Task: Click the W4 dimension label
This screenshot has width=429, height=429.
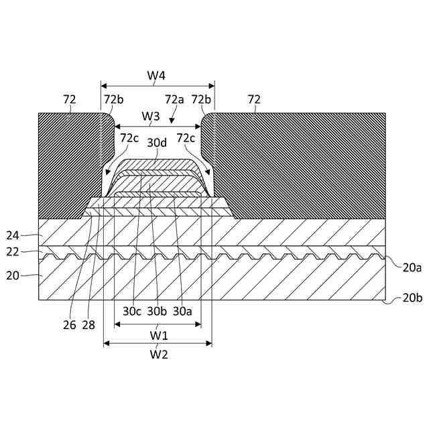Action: (x=156, y=75)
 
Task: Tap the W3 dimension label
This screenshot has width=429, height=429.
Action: (x=151, y=116)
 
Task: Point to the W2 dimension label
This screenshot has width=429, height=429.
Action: (x=158, y=354)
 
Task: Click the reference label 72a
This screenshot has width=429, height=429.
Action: (x=175, y=100)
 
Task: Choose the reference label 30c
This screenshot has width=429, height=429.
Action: (x=131, y=311)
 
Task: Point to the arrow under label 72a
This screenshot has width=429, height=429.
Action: (x=172, y=119)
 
